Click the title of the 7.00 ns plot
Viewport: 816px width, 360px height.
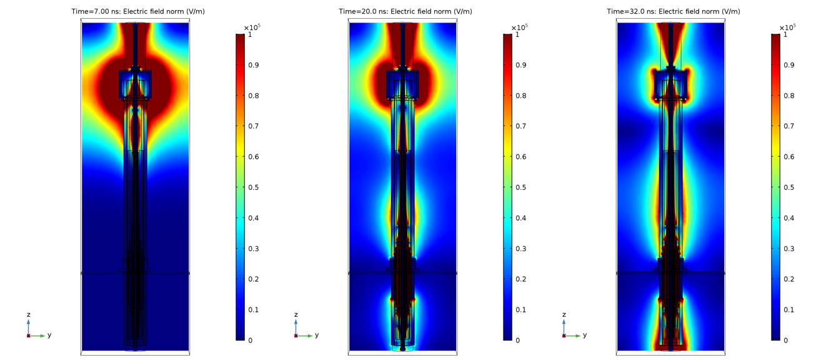pyautogui.click(x=137, y=11)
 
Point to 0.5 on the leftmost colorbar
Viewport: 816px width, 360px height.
pyautogui.click(x=254, y=187)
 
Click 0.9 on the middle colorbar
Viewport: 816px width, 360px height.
pyautogui.click(x=521, y=65)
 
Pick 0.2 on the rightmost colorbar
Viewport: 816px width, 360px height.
pyautogui.click(x=789, y=279)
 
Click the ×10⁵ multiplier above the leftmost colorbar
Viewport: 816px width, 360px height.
pyautogui.click(x=251, y=27)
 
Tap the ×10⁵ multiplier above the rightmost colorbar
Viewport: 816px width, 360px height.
pyautogui.click(x=787, y=27)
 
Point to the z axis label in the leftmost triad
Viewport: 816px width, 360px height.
pyautogui.click(x=28, y=314)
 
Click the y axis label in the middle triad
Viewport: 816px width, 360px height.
pyautogui.click(x=317, y=335)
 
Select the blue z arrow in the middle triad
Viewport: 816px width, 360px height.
pyautogui.click(x=296, y=326)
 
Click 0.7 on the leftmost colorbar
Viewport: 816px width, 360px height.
pyautogui.click(x=254, y=126)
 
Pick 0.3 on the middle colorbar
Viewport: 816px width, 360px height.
pyautogui.click(x=521, y=249)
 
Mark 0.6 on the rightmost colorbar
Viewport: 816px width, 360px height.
pyautogui.click(x=789, y=157)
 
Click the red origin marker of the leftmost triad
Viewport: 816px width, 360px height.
pyautogui.click(x=28, y=336)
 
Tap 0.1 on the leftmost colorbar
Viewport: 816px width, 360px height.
pyautogui.click(x=254, y=310)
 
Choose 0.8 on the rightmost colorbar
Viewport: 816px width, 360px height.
pyautogui.click(x=789, y=96)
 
